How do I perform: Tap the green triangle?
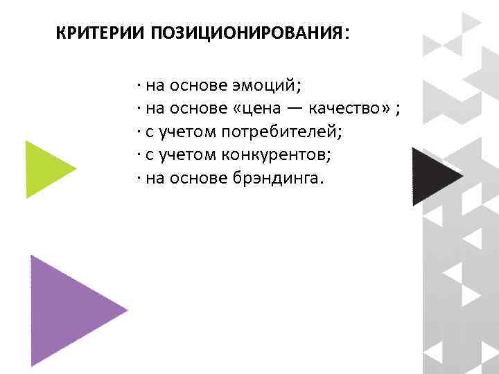(46, 169)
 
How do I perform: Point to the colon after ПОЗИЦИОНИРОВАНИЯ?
(347, 34)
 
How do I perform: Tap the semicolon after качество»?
(399, 109)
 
